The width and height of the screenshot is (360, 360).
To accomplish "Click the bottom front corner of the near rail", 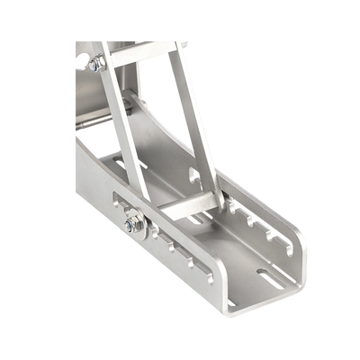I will coord(230,313).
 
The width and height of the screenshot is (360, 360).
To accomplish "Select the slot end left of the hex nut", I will coord(120,221).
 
